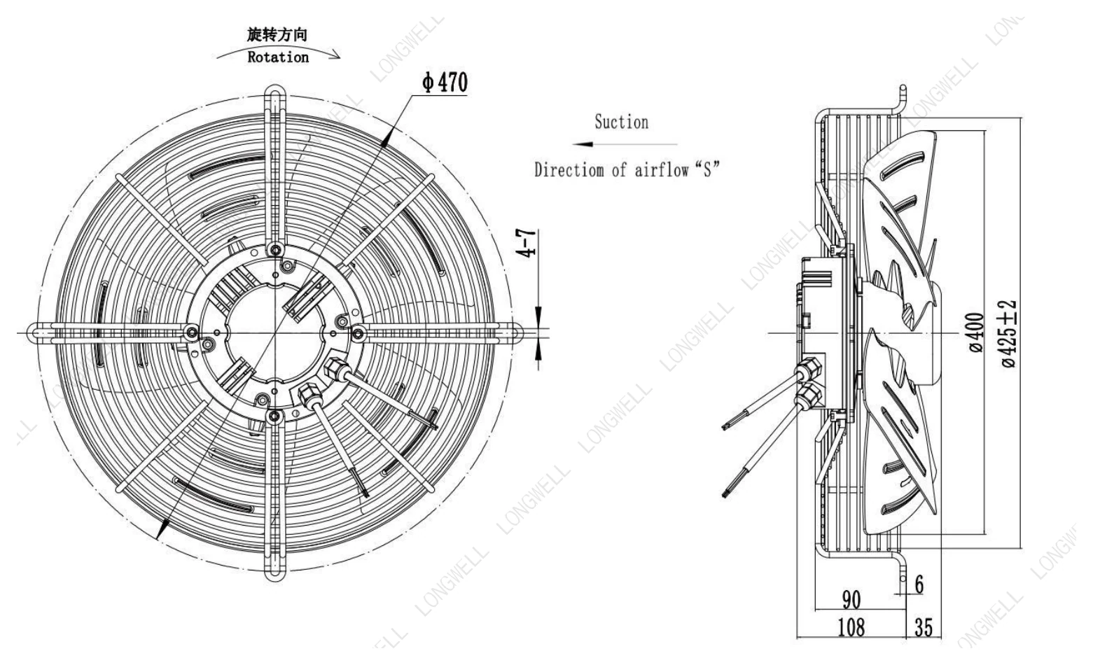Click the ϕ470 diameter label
point(445,82)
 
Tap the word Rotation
point(278,57)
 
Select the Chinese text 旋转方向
point(277,34)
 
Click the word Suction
point(621,122)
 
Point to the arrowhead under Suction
point(582,144)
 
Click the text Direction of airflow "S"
point(627,170)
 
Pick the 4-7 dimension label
point(528,242)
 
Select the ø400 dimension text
point(976,332)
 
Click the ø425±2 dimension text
point(1008,332)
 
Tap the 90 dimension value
point(851,600)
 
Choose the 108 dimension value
point(851,627)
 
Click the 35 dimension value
point(923,627)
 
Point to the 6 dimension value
point(919,584)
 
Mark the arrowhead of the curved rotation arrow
point(335,55)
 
